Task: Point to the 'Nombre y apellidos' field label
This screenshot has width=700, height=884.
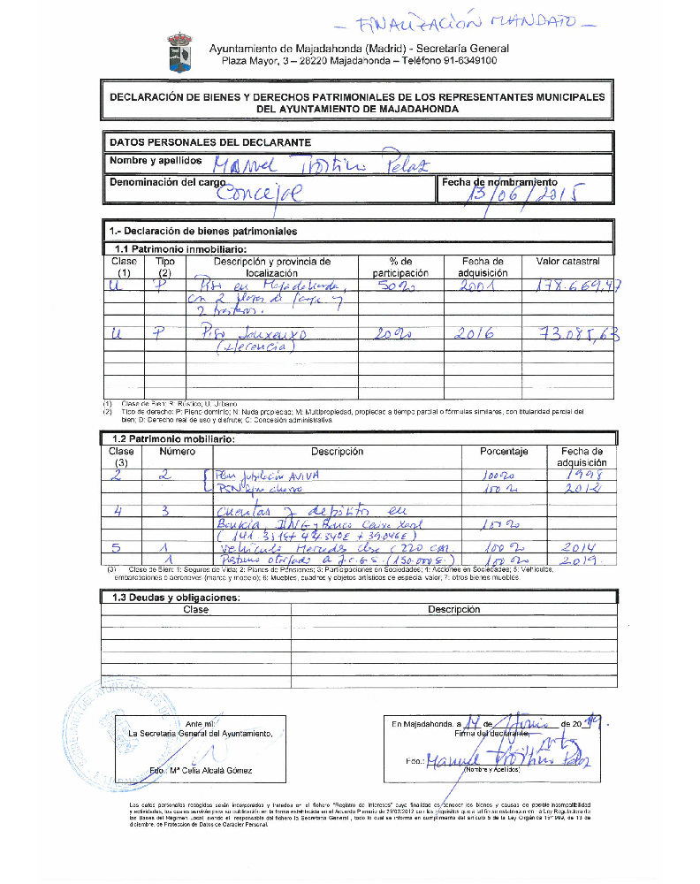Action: click(x=155, y=161)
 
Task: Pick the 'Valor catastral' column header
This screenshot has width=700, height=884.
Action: click(x=567, y=262)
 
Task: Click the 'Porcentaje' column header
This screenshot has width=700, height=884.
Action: click(x=504, y=452)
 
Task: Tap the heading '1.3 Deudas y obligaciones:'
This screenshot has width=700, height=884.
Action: click(x=171, y=598)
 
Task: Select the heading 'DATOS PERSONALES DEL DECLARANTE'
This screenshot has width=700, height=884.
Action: click(x=209, y=142)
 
